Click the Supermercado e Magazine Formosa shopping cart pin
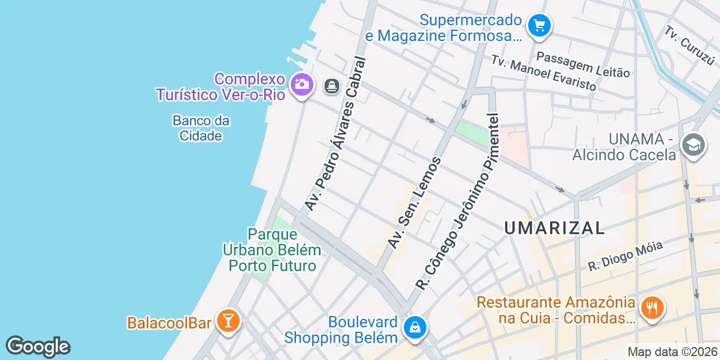pyautogui.click(x=539, y=25)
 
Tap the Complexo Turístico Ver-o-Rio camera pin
pyautogui.click(x=301, y=85)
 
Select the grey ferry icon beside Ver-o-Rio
pyautogui.click(x=332, y=86)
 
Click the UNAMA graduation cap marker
pyautogui.click(x=693, y=145)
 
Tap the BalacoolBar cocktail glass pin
pyautogui.click(x=228, y=321)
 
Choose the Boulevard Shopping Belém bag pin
pyautogui.click(x=415, y=327)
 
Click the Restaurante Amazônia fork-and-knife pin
pyautogui.click(x=652, y=308)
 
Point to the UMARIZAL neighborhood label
pyautogui.click(x=554, y=228)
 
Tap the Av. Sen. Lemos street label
pyautogui.click(x=415, y=203)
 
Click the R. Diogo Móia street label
pyautogui.click(x=625, y=256)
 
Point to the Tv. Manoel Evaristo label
pyautogui.click(x=543, y=73)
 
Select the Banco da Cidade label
pyautogui.click(x=201, y=128)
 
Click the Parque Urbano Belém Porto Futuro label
pyautogui.click(x=272, y=249)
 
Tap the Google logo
pyautogui.click(x=38, y=347)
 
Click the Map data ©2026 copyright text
pyautogui.click(x=673, y=352)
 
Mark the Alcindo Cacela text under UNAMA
pyautogui.click(x=624, y=154)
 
